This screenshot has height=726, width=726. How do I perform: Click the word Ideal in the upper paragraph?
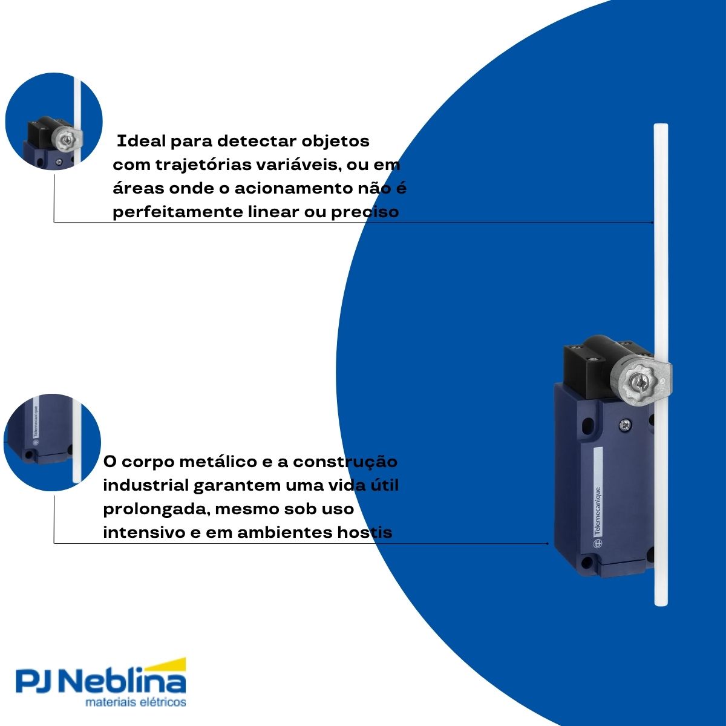coord(140,142)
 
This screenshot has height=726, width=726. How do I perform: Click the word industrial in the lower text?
coord(145,485)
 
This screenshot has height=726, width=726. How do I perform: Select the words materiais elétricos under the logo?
coord(136,702)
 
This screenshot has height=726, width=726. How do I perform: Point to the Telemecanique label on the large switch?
coord(597,511)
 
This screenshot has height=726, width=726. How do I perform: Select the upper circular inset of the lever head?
coord(54,121)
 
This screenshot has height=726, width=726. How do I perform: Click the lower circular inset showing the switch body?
coord(53,442)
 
